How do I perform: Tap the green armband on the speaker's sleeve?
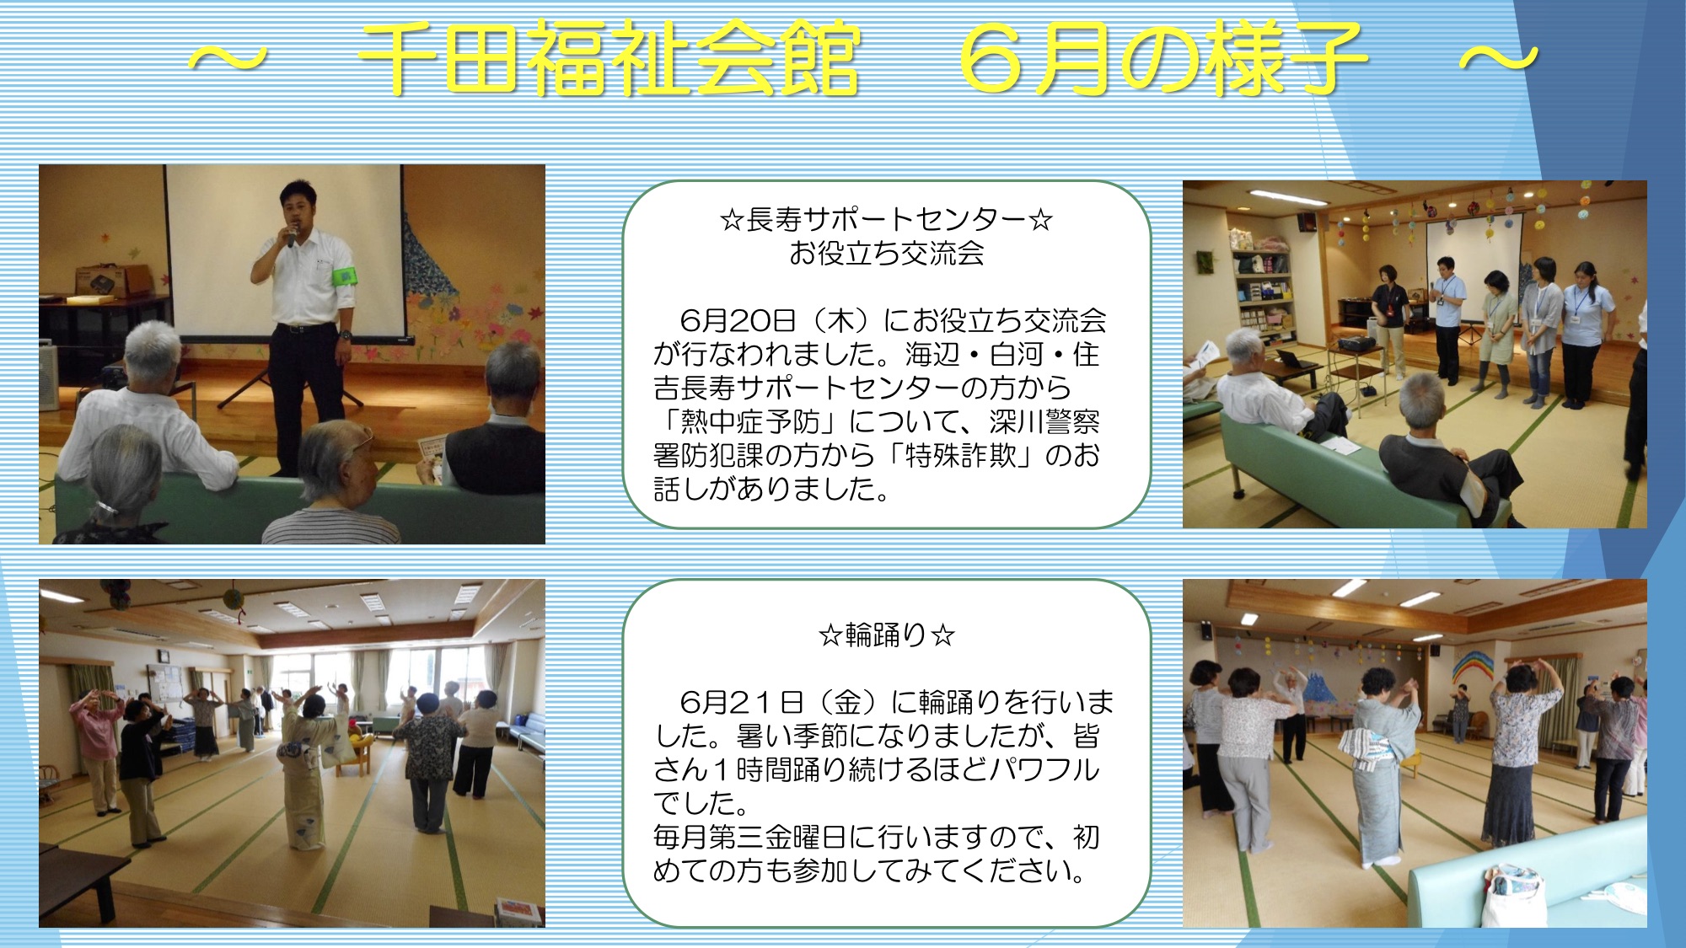pos(345,276)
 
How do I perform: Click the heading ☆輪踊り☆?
pos(886,635)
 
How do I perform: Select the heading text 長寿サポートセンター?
pos(886,220)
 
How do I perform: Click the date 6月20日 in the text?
pos(738,320)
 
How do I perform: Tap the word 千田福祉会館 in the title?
pos(609,58)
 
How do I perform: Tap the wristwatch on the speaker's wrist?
pos(346,335)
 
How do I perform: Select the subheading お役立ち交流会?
pos(886,253)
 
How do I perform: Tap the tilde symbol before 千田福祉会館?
pos(227,59)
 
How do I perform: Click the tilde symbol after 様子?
pos(1499,59)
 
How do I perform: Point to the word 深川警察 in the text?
pos(1045,421)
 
